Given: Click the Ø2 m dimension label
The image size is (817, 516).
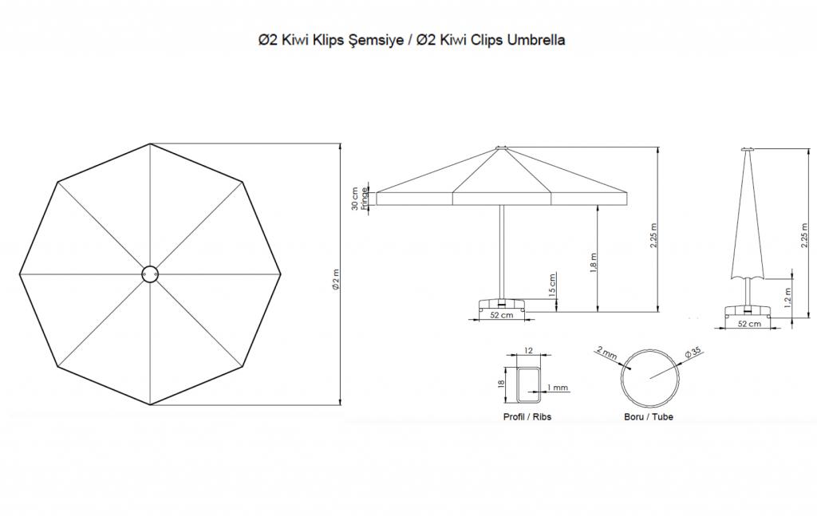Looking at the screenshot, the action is click(336, 280).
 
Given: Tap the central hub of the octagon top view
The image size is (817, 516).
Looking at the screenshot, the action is click(150, 274).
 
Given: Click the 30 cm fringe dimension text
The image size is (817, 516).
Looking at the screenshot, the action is click(355, 199).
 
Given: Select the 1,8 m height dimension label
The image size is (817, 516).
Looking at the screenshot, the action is click(594, 264).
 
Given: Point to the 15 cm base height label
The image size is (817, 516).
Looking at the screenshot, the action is click(553, 285).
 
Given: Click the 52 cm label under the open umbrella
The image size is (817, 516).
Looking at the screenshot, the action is click(501, 315).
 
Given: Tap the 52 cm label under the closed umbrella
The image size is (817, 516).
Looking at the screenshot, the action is click(749, 324).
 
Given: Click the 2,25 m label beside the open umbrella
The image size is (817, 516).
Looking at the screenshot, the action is click(654, 234).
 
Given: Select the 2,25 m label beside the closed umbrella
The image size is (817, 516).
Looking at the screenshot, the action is click(805, 236).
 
